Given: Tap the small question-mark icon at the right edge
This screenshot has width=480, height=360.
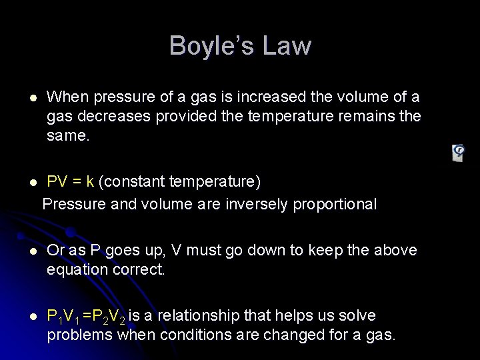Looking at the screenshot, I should click(459, 152).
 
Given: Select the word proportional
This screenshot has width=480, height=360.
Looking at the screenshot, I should click(334, 204).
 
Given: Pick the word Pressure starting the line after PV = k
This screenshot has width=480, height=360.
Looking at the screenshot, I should click(73, 204).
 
